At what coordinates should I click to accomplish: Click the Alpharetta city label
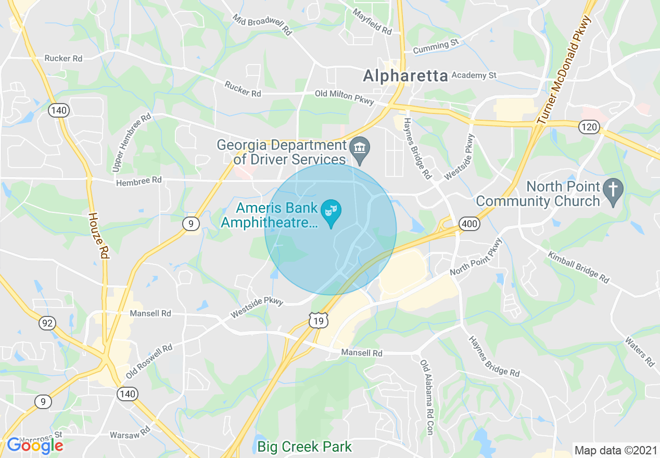coord(405,76)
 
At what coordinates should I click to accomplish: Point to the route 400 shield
coord(469,224)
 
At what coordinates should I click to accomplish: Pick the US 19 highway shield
coord(318,321)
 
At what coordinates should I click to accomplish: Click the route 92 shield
coord(47,323)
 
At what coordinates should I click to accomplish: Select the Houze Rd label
coord(97,236)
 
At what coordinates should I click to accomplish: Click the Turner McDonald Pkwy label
coord(565,71)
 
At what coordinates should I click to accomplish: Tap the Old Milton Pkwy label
coord(344,97)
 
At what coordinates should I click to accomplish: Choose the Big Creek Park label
coord(304,447)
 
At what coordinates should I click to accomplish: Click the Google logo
coord(35,446)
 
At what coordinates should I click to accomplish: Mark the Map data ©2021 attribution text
coord(616,450)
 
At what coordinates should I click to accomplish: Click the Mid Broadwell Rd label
coord(261,24)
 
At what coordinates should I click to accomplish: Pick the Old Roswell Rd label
coord(149,361)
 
